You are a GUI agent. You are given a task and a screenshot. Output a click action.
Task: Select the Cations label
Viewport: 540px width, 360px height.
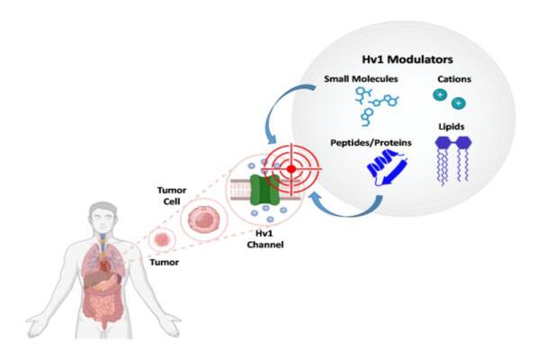452,79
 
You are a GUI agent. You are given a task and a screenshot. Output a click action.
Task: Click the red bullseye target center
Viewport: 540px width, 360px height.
292,168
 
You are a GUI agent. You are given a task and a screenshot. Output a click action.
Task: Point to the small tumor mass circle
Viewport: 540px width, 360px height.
162,240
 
